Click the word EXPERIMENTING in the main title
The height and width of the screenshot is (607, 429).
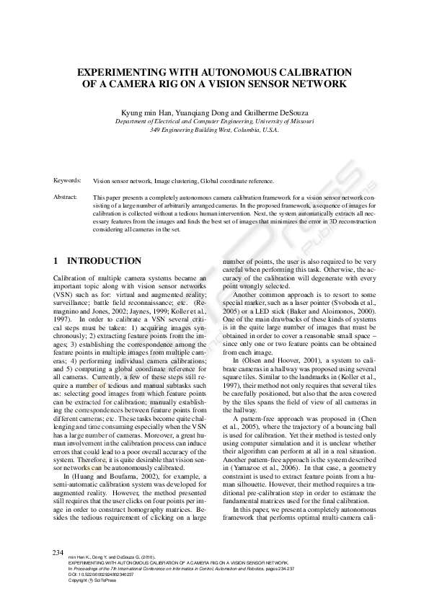click(x=121, y=73)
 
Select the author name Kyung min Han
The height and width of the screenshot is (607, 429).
click(x=145, y=113)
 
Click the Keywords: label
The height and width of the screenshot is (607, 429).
click(x=68, y=180)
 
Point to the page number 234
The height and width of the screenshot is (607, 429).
click(x=59, y=552)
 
